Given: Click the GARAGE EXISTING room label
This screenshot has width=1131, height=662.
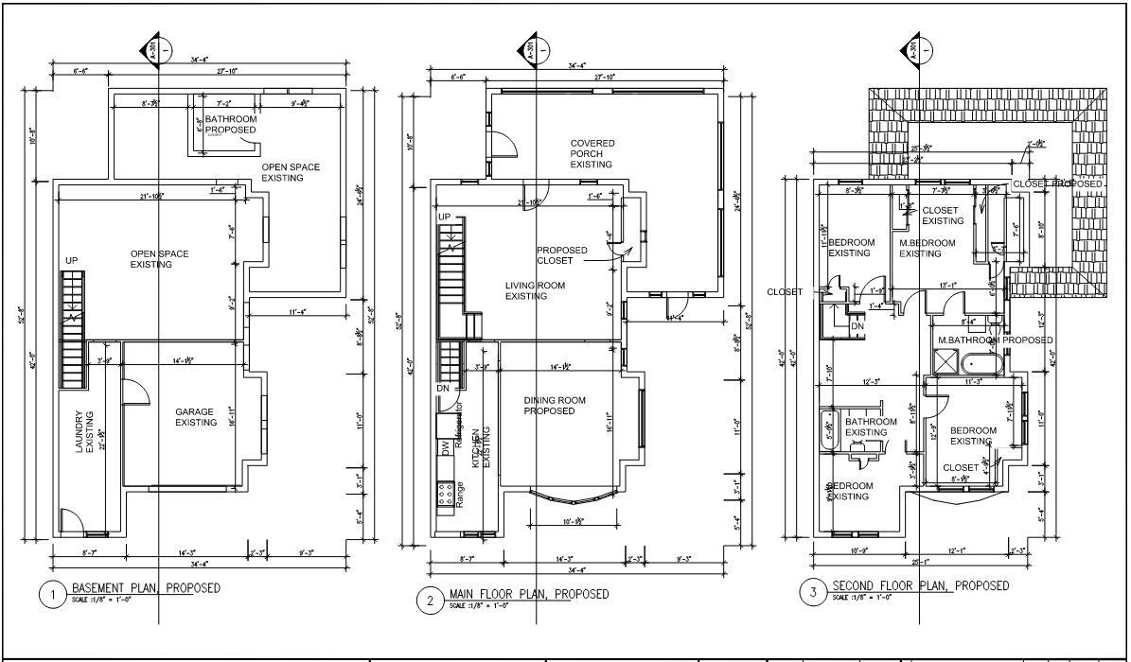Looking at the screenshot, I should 196,417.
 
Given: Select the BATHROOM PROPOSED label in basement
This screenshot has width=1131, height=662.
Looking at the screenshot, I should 231,124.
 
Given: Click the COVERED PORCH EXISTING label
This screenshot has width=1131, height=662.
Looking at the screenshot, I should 592,154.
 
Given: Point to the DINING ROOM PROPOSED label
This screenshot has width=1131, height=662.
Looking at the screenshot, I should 555,406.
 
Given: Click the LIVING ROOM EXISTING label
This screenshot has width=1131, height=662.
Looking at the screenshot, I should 526,290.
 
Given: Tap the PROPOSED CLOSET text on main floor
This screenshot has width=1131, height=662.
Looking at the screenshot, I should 562,255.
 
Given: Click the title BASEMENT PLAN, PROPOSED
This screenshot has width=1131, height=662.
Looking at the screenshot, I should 147,588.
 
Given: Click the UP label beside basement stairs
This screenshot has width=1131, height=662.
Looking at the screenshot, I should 71,260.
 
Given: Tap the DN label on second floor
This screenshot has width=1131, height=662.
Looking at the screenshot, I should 857,326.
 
